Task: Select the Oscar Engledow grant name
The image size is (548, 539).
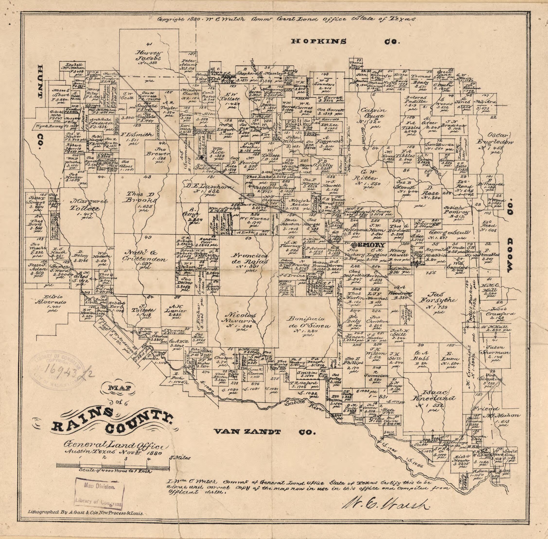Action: [495, 138]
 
